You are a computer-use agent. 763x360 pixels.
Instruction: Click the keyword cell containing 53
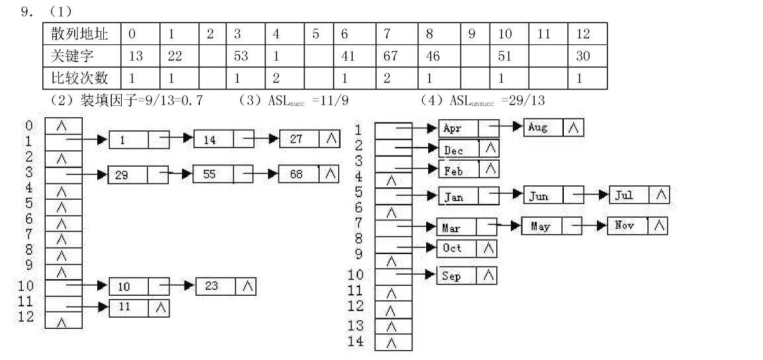pos(246,56)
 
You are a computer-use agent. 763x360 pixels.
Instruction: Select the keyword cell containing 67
pos(396,56)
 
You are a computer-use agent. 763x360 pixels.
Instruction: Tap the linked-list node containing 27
pos(310,139)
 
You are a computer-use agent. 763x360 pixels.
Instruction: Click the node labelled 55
pos(223,174)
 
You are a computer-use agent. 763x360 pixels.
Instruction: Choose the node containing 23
pos(226,286)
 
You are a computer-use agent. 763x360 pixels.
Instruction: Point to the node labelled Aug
pos(553,128)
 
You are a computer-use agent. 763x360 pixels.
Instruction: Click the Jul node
pos(639,195)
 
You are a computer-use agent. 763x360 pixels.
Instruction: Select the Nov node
pos(637,226)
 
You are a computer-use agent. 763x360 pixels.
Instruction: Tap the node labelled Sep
pos(467,276)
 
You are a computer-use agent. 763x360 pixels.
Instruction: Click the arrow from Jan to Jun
pos(506,195)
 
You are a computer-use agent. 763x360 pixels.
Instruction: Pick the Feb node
pos(469,169)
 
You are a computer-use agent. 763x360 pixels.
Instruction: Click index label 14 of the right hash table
pos(356,341)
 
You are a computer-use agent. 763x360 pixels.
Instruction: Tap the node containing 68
pos(308,173)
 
